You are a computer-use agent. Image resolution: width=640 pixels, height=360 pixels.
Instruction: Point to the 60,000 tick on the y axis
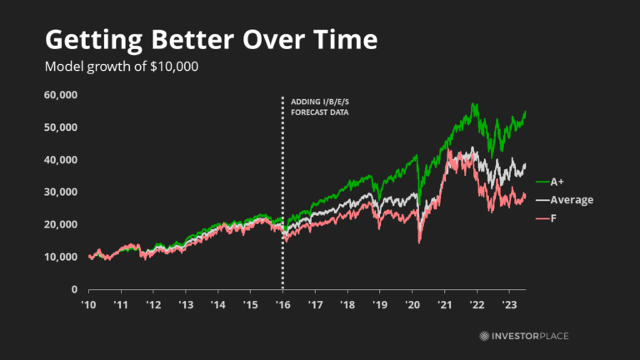coord(60,95)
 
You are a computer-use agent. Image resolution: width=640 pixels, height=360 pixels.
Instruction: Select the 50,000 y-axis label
coord(60,127)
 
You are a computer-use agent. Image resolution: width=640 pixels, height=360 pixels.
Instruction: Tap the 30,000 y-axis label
coord(60,192)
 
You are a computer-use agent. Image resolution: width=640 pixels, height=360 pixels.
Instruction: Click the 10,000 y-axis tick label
coord(60,257)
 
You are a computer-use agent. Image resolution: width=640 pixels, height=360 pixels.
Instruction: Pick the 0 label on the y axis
coord(74,290)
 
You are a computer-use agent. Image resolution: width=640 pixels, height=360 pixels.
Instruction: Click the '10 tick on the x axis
coord(87,306)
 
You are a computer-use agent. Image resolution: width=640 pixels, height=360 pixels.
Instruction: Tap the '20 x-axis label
coord(412,306)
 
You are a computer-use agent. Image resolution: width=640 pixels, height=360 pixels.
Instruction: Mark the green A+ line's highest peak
coord(473,104)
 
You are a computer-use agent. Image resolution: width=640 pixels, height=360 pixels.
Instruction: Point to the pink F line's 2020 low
coord(419,242)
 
